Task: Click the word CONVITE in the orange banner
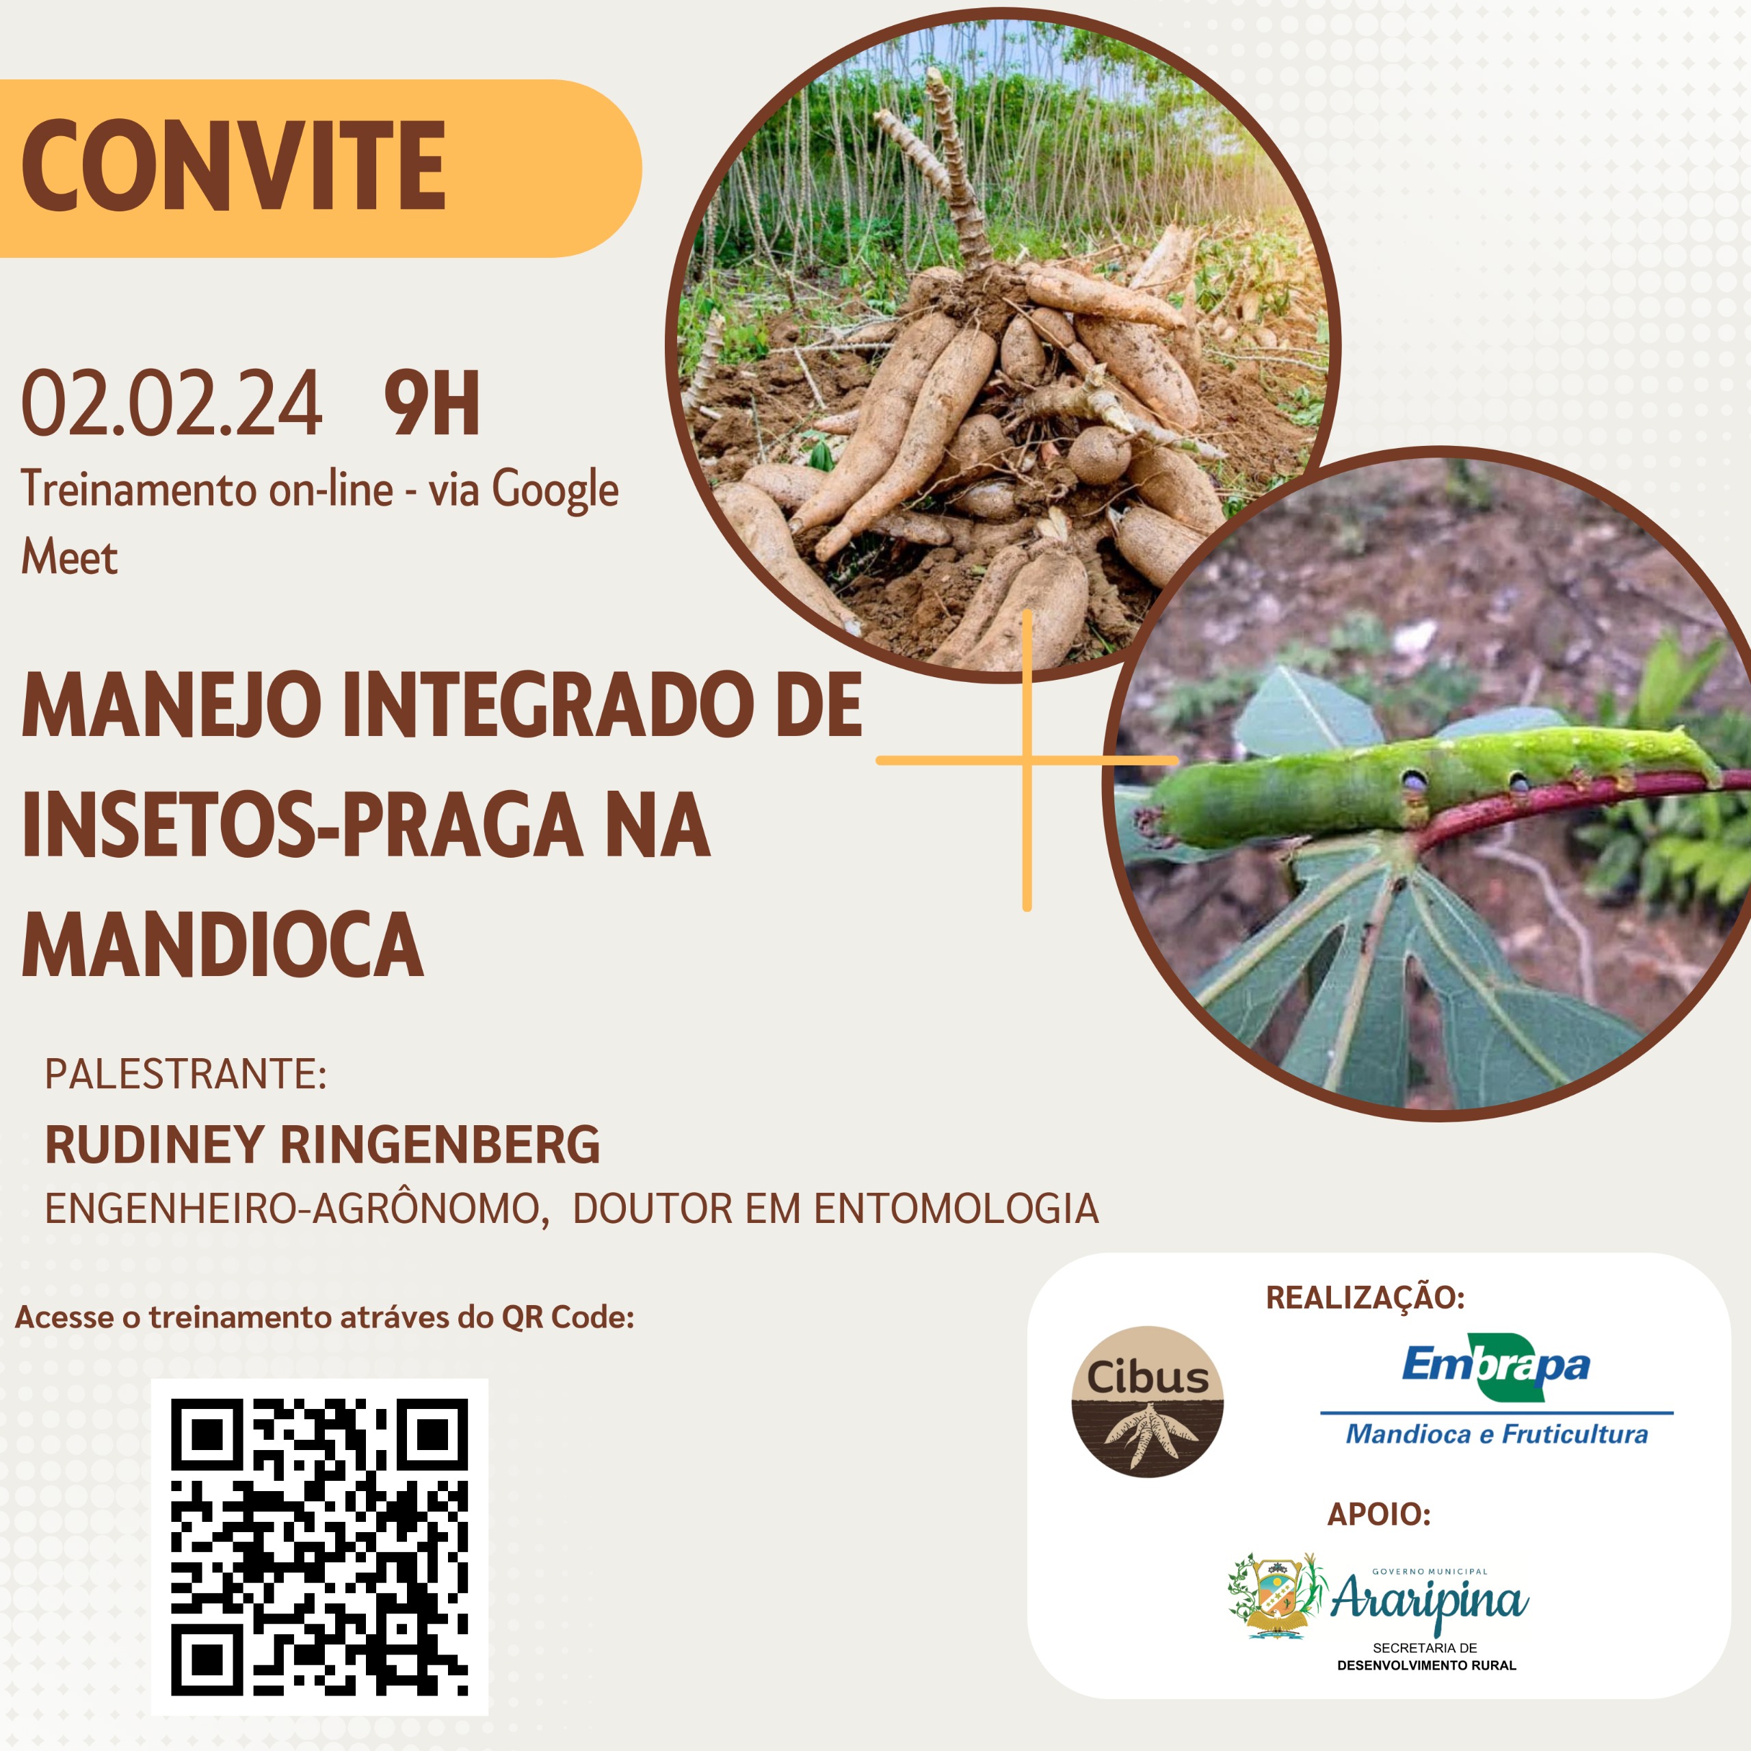point(234,166)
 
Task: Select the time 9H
point(432,404)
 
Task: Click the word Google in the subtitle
point(555,491)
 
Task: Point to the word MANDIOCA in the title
point(223,945)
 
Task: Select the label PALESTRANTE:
point(186,1074)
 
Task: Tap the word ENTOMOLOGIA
point(956,1209)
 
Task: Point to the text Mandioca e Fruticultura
point(1497,1434)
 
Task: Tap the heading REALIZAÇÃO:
point(1366,1297)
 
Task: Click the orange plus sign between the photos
point(1027,759)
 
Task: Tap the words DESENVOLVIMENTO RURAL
point(1427,1665)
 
